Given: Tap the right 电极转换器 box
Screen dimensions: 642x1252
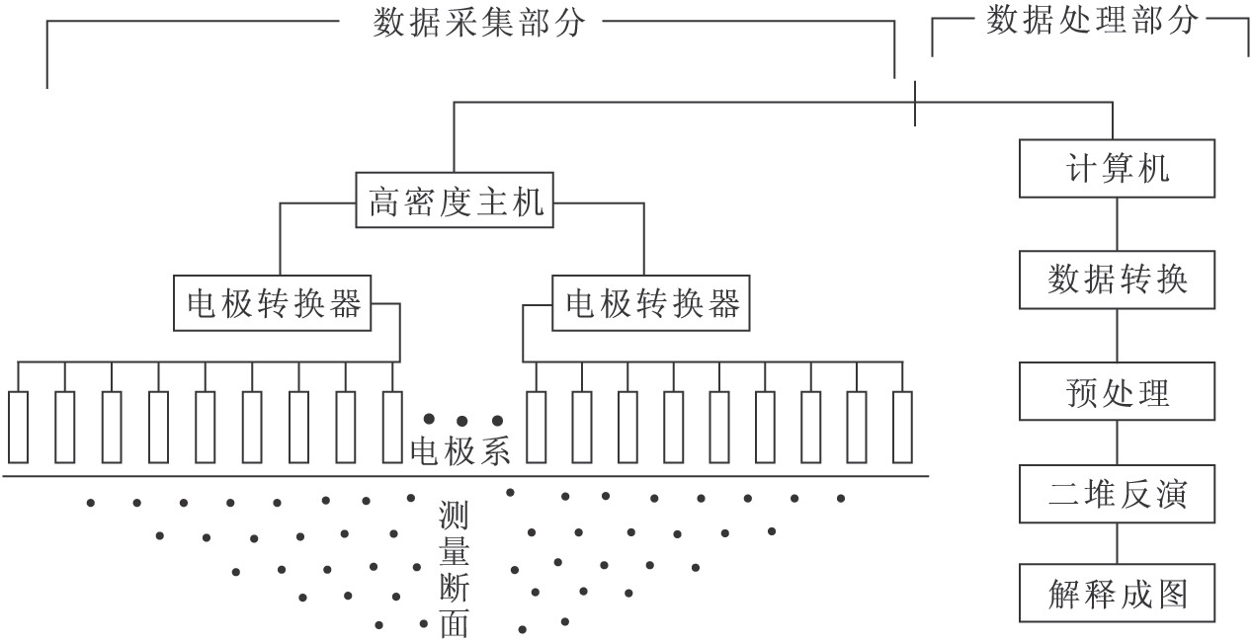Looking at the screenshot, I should tap(652, 303).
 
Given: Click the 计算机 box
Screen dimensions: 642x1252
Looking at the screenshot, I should tap(1117, 167).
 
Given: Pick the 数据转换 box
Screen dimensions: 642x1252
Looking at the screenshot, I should tap(1117, 281).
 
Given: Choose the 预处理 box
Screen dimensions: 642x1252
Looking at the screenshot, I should tap(1117, 392).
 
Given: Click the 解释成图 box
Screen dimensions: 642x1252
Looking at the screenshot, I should tap(1117, 595).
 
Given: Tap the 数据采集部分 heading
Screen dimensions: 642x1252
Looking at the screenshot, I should tap(479, 23).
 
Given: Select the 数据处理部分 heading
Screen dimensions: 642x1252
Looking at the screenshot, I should tap(1092, 21).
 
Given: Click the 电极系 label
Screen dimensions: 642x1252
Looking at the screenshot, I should tap(460, 452).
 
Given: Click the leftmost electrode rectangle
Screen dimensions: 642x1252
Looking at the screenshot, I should tap(19, 427).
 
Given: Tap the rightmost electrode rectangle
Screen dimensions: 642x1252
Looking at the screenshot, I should tap(901, 427).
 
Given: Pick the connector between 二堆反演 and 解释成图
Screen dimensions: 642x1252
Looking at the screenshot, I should tap(1117, 545).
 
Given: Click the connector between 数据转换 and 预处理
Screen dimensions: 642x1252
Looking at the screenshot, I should tap(1117, 337).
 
